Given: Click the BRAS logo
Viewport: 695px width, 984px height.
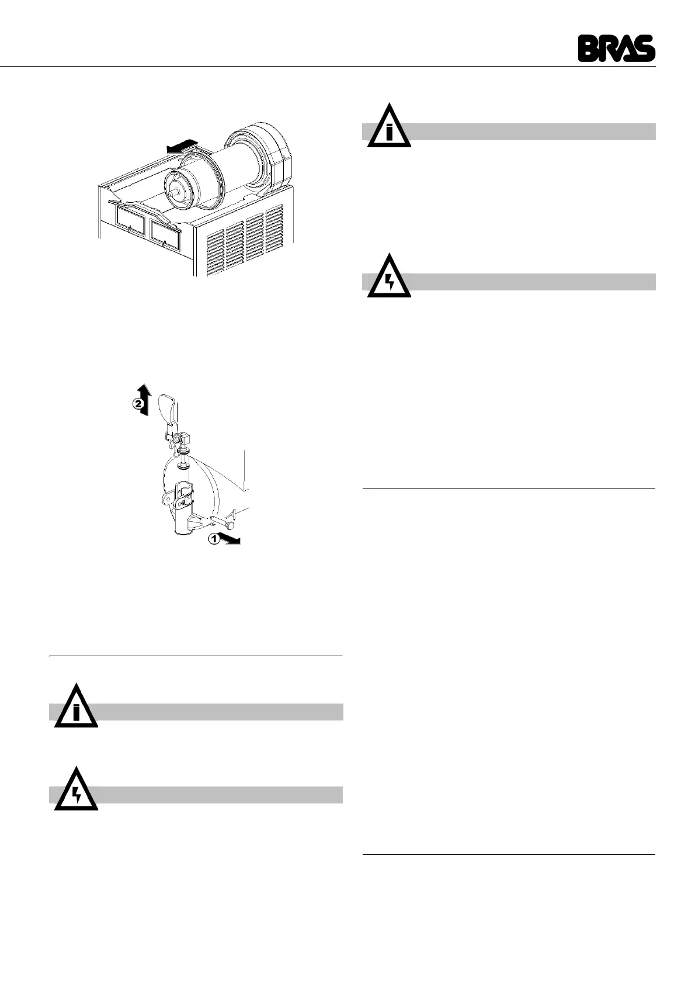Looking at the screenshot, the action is tap(616, 48).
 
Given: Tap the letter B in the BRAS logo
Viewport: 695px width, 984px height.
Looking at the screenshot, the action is tap(587, 48).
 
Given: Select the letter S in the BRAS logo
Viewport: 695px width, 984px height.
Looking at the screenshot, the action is tap(645, 48).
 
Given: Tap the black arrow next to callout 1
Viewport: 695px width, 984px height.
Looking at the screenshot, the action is tap(231, 540).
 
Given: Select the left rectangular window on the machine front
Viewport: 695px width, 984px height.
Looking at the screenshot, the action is tap(130, 220).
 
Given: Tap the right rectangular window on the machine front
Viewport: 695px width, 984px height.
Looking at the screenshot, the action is tap(166, 231).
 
